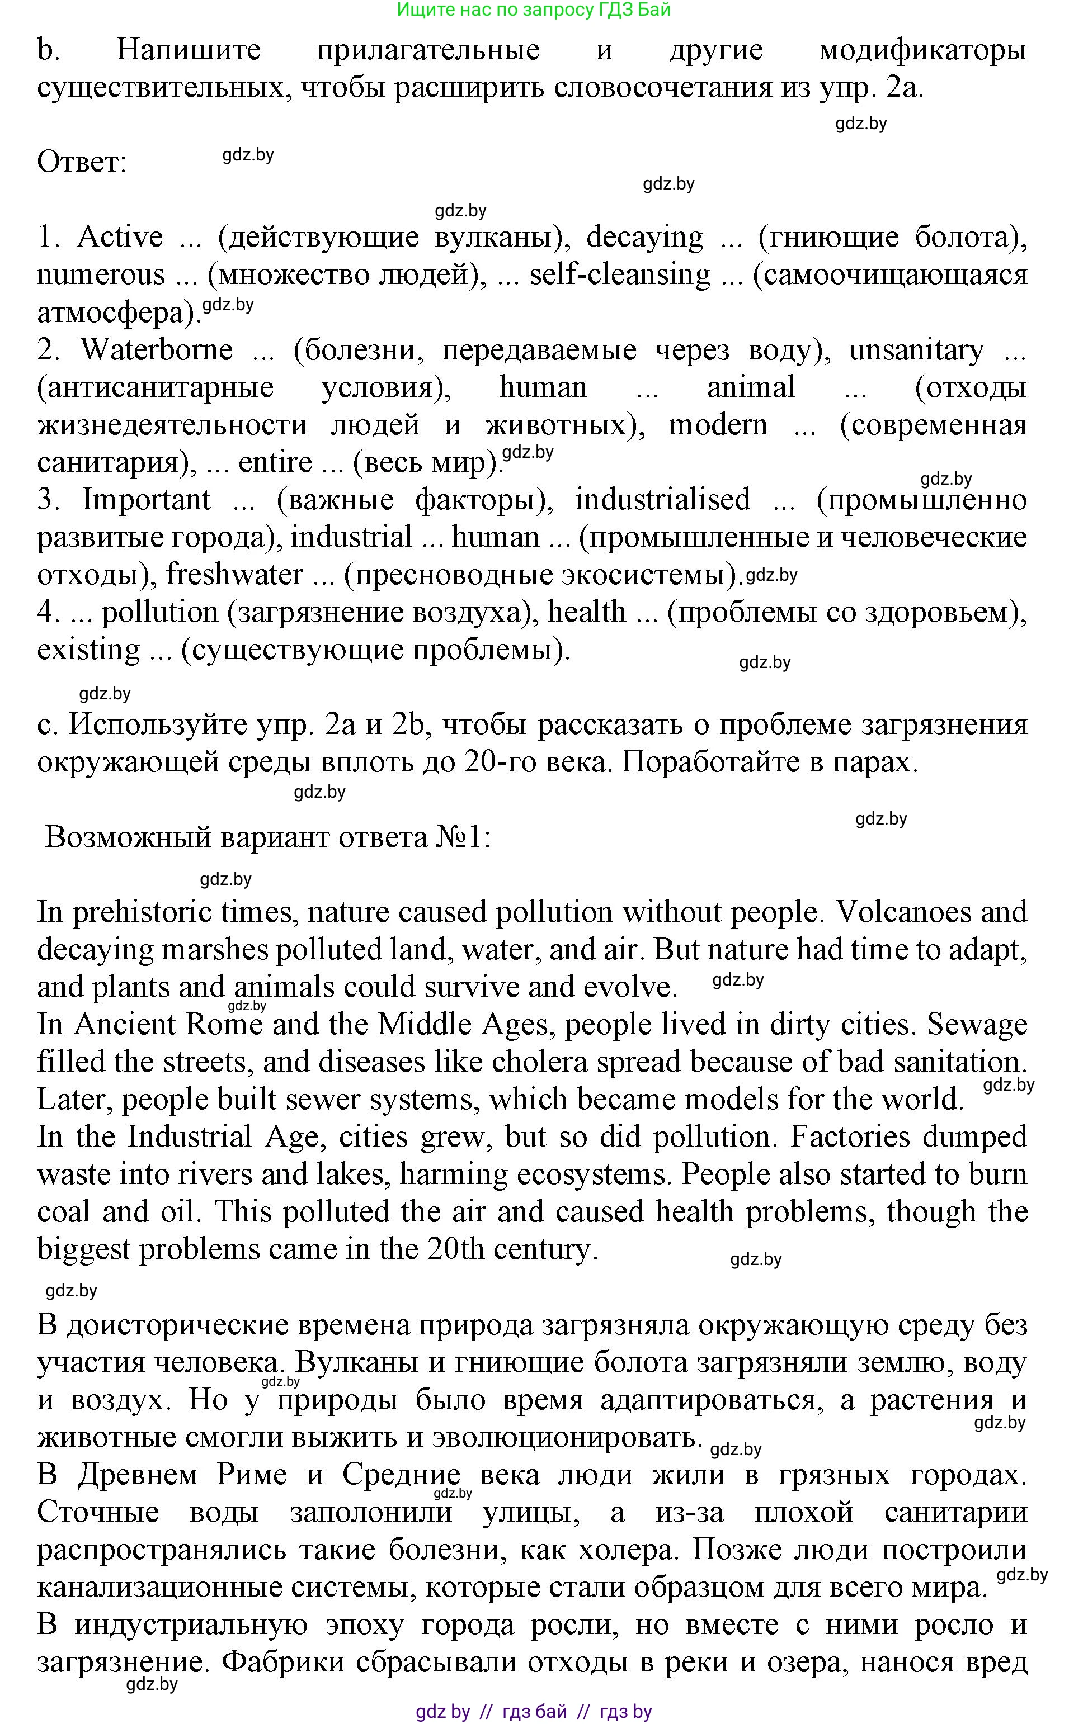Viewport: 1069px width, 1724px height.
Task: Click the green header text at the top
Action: [534, 10]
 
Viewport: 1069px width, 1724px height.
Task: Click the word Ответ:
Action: [81, 163]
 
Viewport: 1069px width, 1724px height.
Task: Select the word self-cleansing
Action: [619, 274]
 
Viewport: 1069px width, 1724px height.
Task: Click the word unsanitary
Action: [916, 350]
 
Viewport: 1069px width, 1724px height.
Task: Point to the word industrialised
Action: [662, 500]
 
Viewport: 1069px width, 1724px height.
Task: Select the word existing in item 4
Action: [88, 650]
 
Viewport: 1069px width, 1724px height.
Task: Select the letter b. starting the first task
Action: [48, 51]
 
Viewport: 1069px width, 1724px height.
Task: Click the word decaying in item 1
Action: [645, 238]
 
